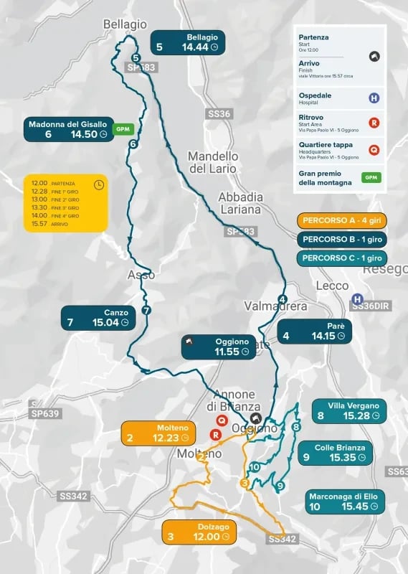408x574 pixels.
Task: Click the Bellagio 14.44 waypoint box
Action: coord(187,42)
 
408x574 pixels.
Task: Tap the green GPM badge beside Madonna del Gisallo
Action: coord(123,128)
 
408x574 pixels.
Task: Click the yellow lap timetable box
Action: coord(65,203)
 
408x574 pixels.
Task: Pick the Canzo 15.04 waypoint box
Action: coord(98,318)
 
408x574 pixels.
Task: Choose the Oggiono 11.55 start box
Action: coord(218,347)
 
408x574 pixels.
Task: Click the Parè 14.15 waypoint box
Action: coord(315,331)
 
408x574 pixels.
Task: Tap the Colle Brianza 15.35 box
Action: coord(333,453)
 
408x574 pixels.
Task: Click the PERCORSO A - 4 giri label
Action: coord(342,220)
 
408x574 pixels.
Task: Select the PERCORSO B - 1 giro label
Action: coord(342,239)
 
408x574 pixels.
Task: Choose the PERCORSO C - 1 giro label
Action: coord(342,258)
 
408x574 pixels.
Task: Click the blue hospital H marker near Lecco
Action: coord(357,299)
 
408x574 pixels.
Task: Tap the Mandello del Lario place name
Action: coord(213,162)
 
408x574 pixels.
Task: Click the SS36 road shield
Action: coord(219,114)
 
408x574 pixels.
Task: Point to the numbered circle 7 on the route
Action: coord(146,311)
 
